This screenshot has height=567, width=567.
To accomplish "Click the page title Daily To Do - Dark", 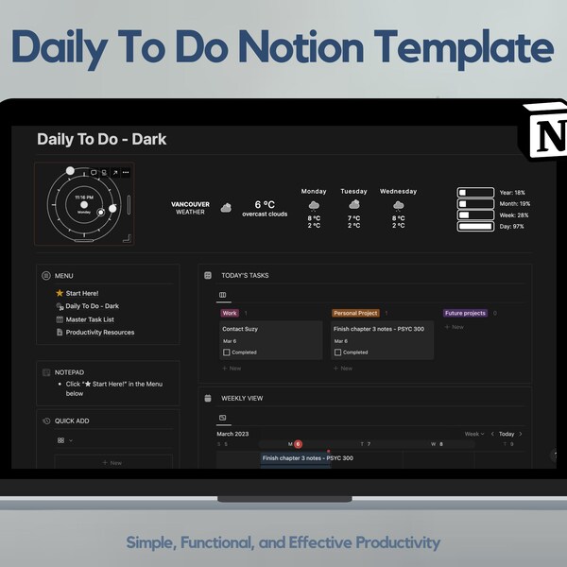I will (101, 139).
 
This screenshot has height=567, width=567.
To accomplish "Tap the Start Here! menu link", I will (81, 293).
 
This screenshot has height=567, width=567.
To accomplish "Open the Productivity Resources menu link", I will (99, 333).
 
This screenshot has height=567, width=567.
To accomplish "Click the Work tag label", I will (229, 313).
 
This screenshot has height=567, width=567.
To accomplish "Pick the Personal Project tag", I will (355, 313).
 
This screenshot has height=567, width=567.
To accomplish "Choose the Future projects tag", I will (465, 313).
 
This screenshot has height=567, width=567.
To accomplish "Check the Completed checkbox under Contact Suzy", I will (227, 352).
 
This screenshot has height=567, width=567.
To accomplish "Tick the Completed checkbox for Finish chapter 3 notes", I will (337, 352).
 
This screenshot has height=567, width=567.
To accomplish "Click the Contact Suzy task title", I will (240, 329).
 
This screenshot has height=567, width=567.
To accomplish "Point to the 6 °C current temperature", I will (265, 204).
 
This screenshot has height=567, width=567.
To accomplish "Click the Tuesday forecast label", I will (353, 191).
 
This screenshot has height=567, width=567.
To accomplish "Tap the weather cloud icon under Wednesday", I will (398, 204).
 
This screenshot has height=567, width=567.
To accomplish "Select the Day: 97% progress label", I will (513, 227).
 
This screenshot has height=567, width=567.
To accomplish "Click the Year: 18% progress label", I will (512, 192).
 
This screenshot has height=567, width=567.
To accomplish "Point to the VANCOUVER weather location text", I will (190, 204).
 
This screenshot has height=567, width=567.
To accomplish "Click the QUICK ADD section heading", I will (72, 421).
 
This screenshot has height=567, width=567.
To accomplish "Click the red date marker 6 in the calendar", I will (298, 443).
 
